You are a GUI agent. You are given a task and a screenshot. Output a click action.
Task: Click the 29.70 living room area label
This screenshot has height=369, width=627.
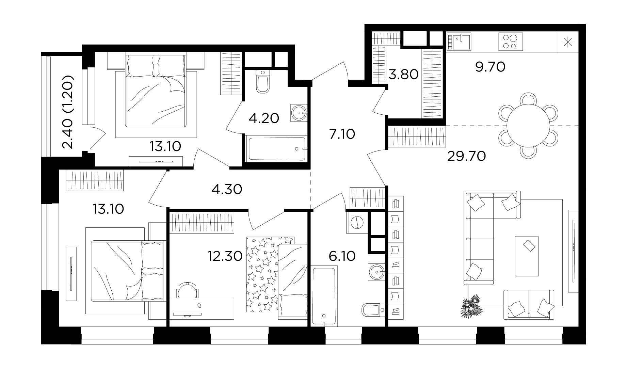[x=466, y=156]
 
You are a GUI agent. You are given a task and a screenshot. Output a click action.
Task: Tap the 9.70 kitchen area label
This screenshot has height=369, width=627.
[x=490, y=67]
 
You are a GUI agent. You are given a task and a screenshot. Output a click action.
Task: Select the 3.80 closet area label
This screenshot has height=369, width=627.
[x=404, y=74]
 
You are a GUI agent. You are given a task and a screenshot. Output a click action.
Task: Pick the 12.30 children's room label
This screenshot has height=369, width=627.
[x=225, y=256]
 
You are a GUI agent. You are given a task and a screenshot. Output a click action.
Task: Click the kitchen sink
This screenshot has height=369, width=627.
[x=459, y=41]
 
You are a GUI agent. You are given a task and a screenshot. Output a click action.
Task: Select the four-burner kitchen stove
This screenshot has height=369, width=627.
[x=511, y=41]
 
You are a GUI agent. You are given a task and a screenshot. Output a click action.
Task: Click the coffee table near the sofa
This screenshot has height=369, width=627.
[x=527, y=256]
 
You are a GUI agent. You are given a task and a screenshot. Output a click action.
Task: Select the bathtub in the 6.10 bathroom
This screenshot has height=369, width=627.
[x=324, y=296]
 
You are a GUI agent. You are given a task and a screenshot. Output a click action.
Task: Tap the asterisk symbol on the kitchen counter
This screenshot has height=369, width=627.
[x=568, y=42]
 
